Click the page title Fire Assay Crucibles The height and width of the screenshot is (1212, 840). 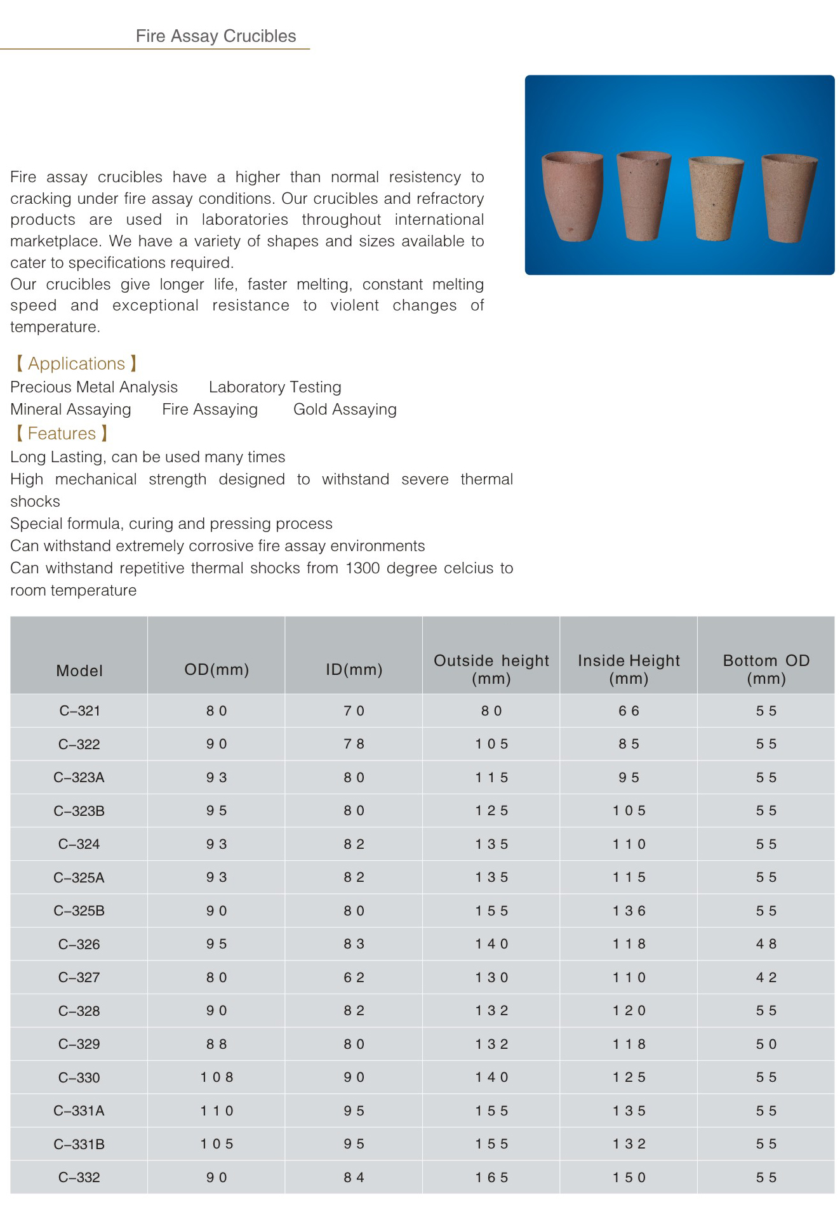pyautogui.click(x=216, y=36)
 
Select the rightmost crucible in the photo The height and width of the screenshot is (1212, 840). pyautogui.click(x=788, y=197)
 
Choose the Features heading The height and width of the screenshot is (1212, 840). pyautogui.click(x=62, y=434)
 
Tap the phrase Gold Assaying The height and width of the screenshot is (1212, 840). pyautogui.click(x=345, y=410)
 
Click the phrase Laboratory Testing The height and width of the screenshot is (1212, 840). pyautogui.click(x=275, y=387)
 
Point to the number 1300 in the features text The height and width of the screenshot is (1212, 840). pyautogui.click(x=360, y=568)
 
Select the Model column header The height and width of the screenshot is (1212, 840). pyautogui.click(x=79, y=670)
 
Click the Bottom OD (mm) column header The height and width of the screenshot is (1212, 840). pyautogui.click(x=766, y=669)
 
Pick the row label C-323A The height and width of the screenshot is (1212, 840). pyautogui.click(x=79, y=778)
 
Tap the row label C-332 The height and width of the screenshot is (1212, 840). pyautogui.click(x=79, y=1178)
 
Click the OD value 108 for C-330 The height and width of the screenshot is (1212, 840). pyautogui.click(x=217, y=1077)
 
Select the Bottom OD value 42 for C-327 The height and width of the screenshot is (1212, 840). pyautogui.click(x=766, y=978)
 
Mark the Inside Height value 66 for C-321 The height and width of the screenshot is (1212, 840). pyautogui.click(x=629, y=711)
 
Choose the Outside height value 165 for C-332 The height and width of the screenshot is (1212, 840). pyautogui.click(x=491, y=1178)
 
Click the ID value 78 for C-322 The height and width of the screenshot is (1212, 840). pyautogui.click(x=354, y=744)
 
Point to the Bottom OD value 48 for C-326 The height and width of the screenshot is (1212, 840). pyautogui.click(x=766, y=944)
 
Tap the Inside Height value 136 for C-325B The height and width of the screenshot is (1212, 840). pyautogui.click(x=629, y=911)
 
